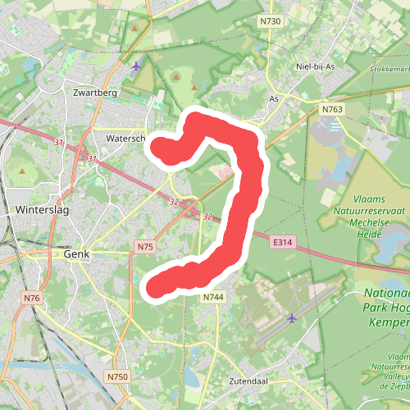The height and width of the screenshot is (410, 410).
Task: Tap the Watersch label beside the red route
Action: (125, 139)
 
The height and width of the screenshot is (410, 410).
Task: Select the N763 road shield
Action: (332, 109)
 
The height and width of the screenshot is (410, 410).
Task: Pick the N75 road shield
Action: (144, 246)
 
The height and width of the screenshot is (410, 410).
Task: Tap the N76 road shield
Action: (32, 297)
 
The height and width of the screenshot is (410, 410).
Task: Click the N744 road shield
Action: (212, 297)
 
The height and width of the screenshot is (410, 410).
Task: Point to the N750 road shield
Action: (117, 376)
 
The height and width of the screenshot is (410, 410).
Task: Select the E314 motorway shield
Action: (283, 241)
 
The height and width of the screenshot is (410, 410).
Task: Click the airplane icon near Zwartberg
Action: (136, 64)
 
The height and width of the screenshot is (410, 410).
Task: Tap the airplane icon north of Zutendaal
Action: (292, 317)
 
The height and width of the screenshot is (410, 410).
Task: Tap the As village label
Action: (274, 98)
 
